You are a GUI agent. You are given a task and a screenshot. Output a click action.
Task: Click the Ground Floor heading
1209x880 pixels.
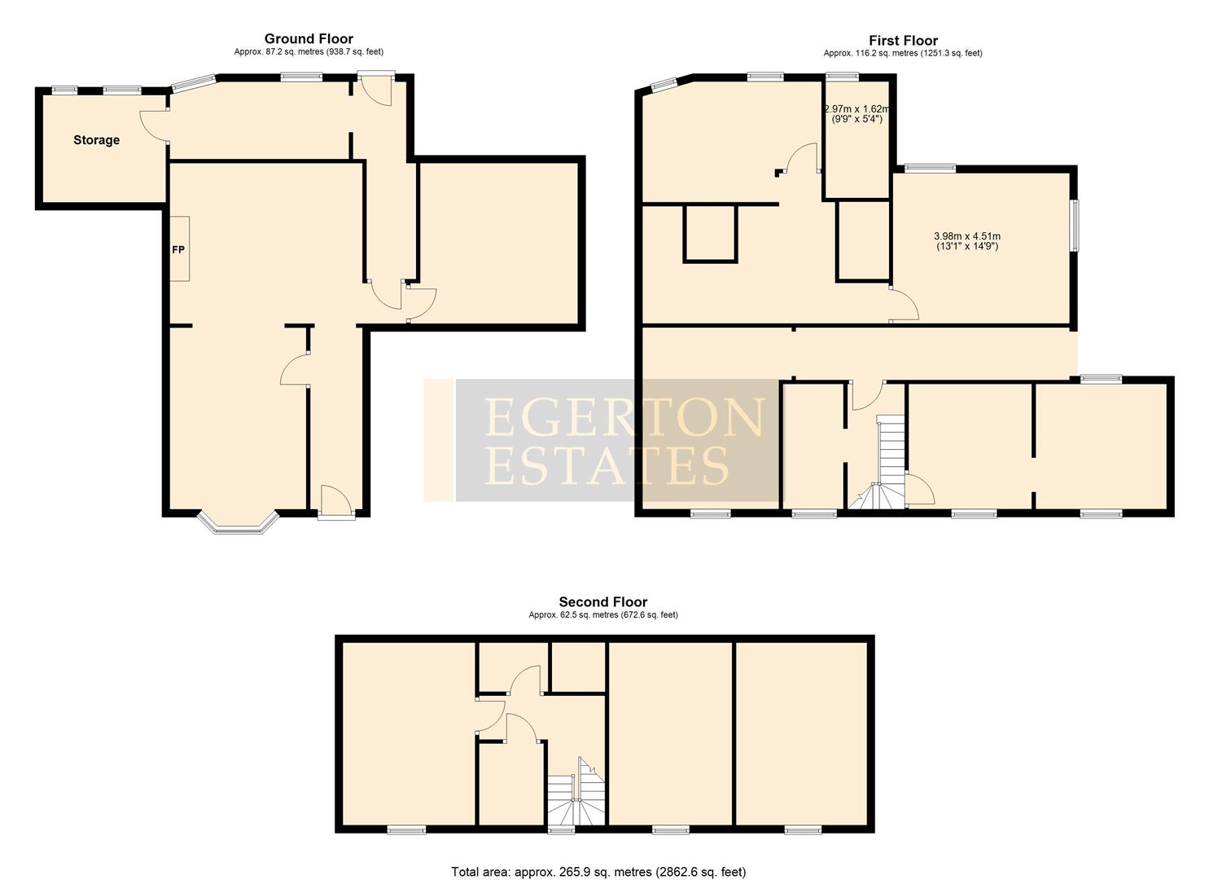click(x=309, y=38)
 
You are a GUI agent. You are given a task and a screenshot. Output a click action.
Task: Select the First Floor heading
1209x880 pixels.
click(x=903, y=40)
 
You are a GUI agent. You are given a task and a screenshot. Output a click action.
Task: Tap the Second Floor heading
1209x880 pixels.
click(x=602, y=602)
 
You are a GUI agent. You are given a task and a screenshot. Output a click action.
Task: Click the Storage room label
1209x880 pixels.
click(x=96, y=140)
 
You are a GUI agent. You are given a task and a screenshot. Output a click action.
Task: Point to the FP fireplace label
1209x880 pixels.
click(x=177, y=249)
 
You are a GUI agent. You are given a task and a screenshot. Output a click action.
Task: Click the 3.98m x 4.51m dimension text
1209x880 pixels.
click(x=967, y=241)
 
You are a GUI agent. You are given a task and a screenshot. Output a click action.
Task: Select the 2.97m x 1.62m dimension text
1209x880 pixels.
click(x=857, y=113)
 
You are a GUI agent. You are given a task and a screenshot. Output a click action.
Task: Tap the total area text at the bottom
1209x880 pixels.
click(x=598, y=872)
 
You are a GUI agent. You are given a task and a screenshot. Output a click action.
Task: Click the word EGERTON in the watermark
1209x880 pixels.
click(x=624, y=417)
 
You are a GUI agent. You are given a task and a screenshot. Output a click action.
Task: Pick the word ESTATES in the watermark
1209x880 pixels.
click(x=607, y=465)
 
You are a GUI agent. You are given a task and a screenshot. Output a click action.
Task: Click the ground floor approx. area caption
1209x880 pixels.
click(x=309, y=51)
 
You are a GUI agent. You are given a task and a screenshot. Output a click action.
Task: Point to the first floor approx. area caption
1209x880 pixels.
click(x=903, y=53)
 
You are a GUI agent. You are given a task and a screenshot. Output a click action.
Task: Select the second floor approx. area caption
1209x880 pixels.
click(x=602, y=615)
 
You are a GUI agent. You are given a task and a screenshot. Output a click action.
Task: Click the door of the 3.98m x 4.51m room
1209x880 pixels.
click(x=904, y=306)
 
